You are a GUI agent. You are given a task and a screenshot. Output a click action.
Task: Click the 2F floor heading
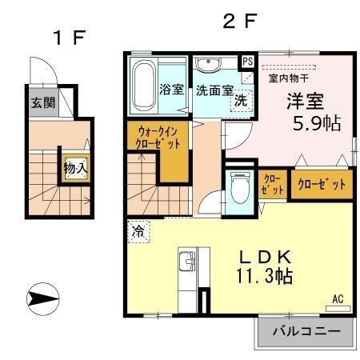point(238,22)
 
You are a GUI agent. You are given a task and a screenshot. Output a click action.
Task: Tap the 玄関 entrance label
point(42,103)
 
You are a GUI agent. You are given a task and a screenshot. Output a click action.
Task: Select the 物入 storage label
point(76,169)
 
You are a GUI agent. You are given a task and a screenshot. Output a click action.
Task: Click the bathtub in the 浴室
point(143,85)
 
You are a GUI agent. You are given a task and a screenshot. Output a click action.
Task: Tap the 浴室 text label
point(171,90)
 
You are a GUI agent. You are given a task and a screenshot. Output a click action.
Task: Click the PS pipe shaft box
point(247,61)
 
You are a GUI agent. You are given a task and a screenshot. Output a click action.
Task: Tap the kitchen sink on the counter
point(189,261)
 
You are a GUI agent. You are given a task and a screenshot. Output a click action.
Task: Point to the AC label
point(338,300)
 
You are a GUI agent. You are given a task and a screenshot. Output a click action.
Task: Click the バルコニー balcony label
point(305,330)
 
